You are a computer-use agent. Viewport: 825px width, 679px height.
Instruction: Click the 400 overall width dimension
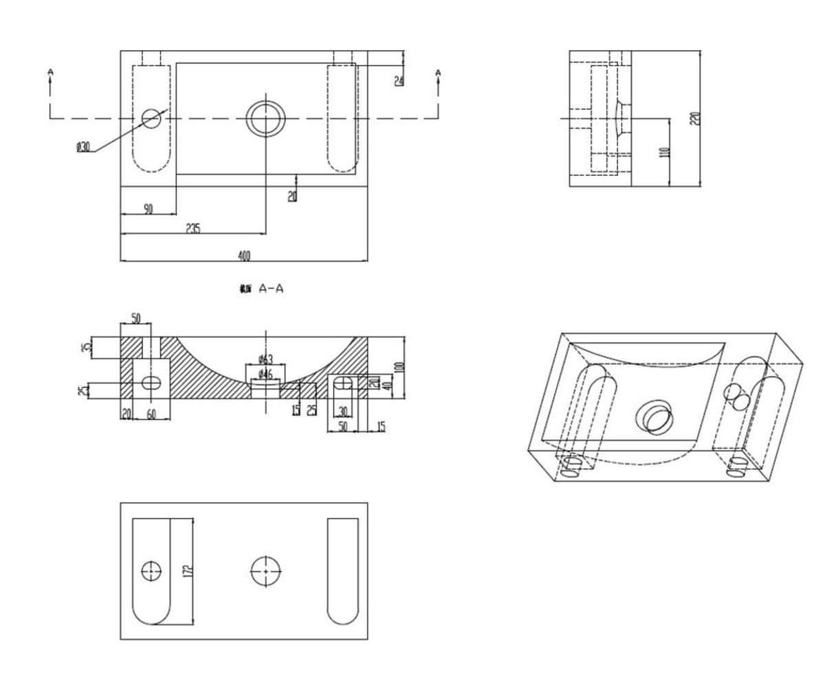coord(244,256)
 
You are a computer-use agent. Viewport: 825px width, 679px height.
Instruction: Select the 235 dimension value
coord(192,229)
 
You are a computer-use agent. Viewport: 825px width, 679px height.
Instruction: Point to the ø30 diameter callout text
coord(83,146)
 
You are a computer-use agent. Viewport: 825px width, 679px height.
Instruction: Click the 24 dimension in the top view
coord(399,80)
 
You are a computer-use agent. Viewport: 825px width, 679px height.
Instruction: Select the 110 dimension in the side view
coord(663,152)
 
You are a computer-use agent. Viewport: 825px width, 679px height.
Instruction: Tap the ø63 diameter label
coord(266,359)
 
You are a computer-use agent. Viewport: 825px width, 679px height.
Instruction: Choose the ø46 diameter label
coord(266,373)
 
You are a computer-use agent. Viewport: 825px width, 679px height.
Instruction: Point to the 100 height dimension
coord(399,368)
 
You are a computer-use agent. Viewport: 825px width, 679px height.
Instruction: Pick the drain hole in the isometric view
coord(654,418)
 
